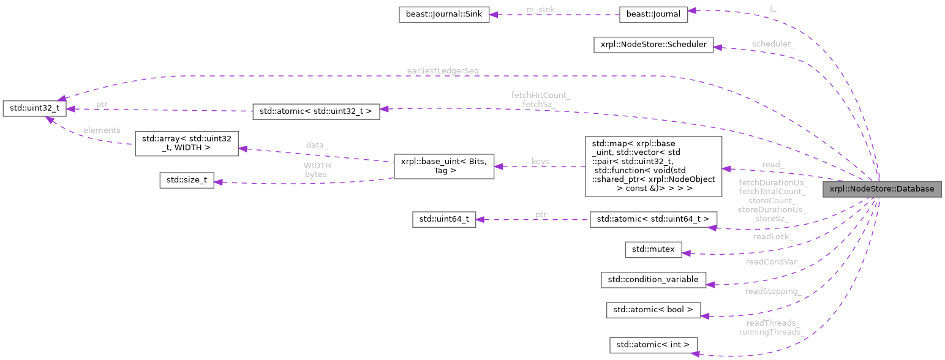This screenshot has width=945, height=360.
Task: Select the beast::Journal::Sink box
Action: [444, 15]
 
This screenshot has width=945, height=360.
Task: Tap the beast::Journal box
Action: [653, 15]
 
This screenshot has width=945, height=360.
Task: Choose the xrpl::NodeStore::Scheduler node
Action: [653, 45]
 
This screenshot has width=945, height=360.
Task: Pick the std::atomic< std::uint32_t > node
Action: [316, 111]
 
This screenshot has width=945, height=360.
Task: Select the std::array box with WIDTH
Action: [186, 143]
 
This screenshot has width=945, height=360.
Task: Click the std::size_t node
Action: [186, 180]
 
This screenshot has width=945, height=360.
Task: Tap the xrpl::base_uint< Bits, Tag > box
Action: [443, 166]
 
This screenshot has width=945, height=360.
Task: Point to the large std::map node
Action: [653, 166]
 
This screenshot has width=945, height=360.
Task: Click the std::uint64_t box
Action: [444, 219]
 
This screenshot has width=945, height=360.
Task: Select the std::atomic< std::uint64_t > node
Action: [653, 219]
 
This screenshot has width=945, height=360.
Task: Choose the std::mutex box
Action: [653, 249]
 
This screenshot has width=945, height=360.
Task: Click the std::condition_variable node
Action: [653, 279]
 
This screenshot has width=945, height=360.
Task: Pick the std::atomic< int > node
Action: [653, 345]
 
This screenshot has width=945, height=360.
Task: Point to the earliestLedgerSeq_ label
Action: [444, 71]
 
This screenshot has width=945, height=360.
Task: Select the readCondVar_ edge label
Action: [772, 262]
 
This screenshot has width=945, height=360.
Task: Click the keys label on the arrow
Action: [540, 162]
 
